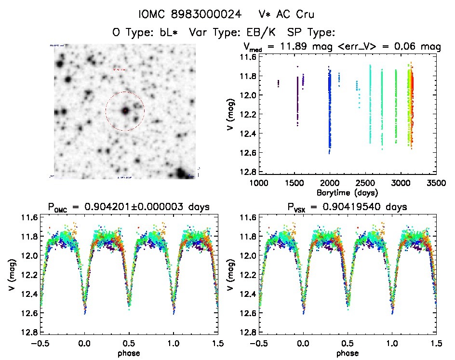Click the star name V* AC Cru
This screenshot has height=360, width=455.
click(286, 14)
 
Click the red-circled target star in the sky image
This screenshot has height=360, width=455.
click(125, 111)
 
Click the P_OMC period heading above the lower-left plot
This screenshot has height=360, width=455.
click(129, 208)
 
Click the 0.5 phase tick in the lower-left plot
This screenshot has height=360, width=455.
click(129, 344)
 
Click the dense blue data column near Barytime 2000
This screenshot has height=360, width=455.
click(330, 111)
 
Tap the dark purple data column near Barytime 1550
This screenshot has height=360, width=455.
click(297, 101)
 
